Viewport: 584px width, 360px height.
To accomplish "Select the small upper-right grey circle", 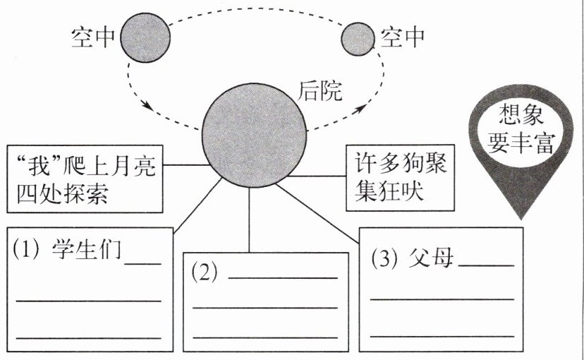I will click(358, 38).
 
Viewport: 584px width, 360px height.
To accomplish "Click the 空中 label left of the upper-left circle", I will click(93, 37).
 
